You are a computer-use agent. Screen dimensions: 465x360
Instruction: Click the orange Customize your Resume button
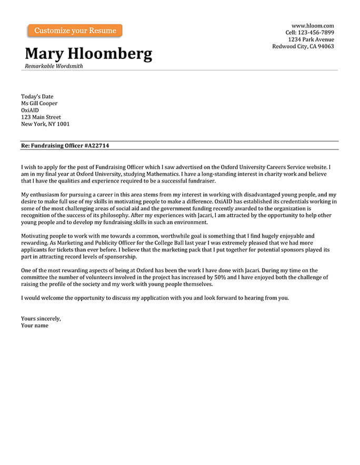[75, 31]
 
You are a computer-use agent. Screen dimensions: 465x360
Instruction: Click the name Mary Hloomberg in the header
[88, 53]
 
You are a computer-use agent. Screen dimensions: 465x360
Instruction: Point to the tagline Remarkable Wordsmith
[54, 66]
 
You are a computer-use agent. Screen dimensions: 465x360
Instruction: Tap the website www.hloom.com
[313, 26]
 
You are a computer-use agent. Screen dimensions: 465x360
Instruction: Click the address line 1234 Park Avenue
[311, 39]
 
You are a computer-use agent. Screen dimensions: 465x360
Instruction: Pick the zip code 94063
[325, 46]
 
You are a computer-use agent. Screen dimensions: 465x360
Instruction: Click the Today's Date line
[37, 96]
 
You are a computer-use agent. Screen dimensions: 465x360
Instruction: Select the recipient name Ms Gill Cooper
[39, 103]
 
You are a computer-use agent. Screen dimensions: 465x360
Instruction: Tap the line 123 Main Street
[41, 117]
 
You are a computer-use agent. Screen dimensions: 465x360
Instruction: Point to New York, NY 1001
[45, 124]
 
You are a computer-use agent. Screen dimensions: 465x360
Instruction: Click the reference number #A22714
[96, 145]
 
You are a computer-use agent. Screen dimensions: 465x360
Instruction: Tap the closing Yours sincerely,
[41, 318]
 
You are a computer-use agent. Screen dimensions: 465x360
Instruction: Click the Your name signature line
[35, 325]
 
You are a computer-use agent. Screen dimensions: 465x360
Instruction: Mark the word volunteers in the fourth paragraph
[108, 277]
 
